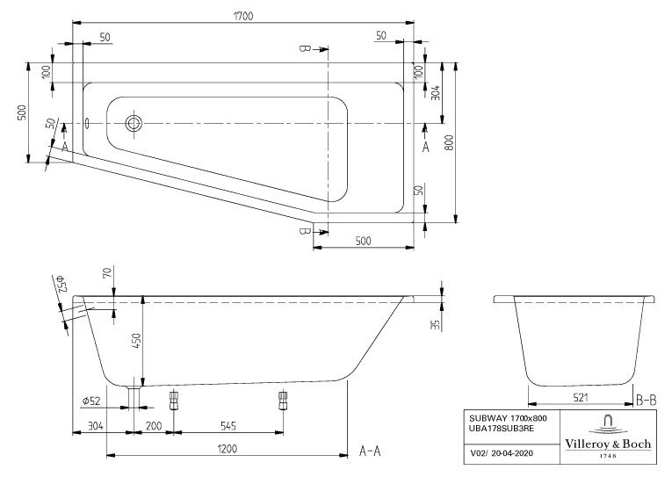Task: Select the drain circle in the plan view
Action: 134,123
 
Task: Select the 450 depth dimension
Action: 135,342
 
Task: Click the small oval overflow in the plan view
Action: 87,123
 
